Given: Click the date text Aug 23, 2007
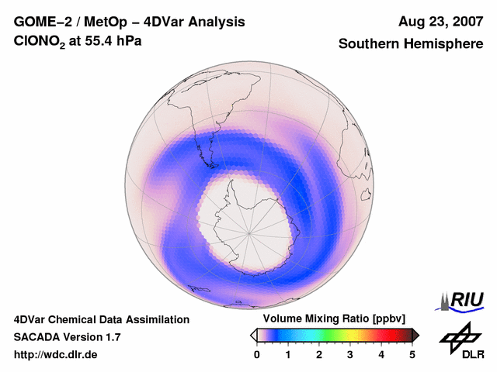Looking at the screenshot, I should coord(440,22).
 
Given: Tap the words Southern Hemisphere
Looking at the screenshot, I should coord(411,44).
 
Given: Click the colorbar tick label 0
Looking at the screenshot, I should coord(257,354).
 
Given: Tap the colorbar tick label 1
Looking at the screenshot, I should coord(288,354).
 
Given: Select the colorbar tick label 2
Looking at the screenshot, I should coord(319,354).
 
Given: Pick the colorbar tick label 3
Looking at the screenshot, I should coord(350,354).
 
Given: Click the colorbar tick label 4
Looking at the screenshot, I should coord(381,354).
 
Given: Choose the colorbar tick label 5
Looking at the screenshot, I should coord(412,354).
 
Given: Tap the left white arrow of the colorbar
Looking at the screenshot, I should coord(253,335).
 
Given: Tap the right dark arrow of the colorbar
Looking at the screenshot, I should coord(415,335).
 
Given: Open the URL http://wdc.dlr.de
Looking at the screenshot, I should coord(56,354).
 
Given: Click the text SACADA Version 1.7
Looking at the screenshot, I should coord(67,337).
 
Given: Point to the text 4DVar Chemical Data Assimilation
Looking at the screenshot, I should coord(101,319).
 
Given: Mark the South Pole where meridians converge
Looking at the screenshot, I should coord(249,232).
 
